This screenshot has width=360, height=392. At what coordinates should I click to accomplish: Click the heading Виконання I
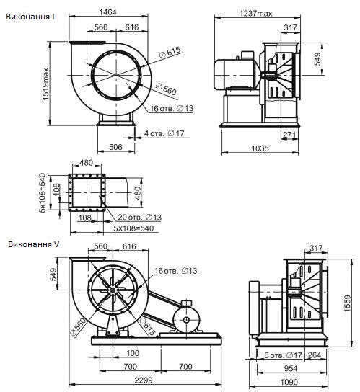click(x=30, y=17)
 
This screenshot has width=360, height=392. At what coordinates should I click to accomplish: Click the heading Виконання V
click(x=33, y=244)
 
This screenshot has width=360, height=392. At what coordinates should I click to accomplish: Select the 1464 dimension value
click(x=108, y=12)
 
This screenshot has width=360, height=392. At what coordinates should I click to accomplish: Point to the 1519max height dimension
click(x=45, y=84)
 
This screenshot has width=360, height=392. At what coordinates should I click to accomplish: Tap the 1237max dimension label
click(x=256, y=13)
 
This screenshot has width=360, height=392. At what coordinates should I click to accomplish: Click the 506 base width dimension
click(x=115, y=147)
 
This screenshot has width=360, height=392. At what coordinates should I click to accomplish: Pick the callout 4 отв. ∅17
click(x=164, y=133)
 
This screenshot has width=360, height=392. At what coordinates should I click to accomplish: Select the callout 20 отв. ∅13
click(x=139, y=217)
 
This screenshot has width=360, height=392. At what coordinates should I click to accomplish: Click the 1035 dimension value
click(x=260, y=148)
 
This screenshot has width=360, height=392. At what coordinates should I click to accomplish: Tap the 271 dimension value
click(x=289, y=135)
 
